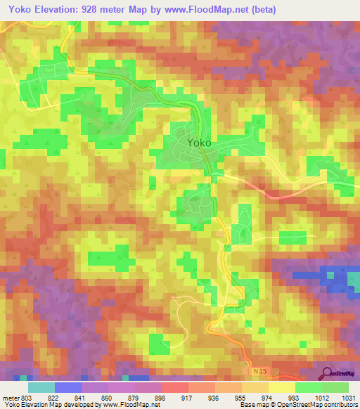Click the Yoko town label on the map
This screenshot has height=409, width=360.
[199, 142]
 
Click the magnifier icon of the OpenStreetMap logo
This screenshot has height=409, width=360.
[328, 372]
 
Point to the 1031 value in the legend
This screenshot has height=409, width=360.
[348, 398]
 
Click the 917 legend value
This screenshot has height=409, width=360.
[188, 398]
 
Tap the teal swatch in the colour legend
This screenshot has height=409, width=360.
[41, 387]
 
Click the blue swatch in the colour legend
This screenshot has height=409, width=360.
[68, 387]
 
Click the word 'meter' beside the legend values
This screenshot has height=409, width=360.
[10, 398]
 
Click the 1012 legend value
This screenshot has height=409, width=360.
[321, 398]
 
